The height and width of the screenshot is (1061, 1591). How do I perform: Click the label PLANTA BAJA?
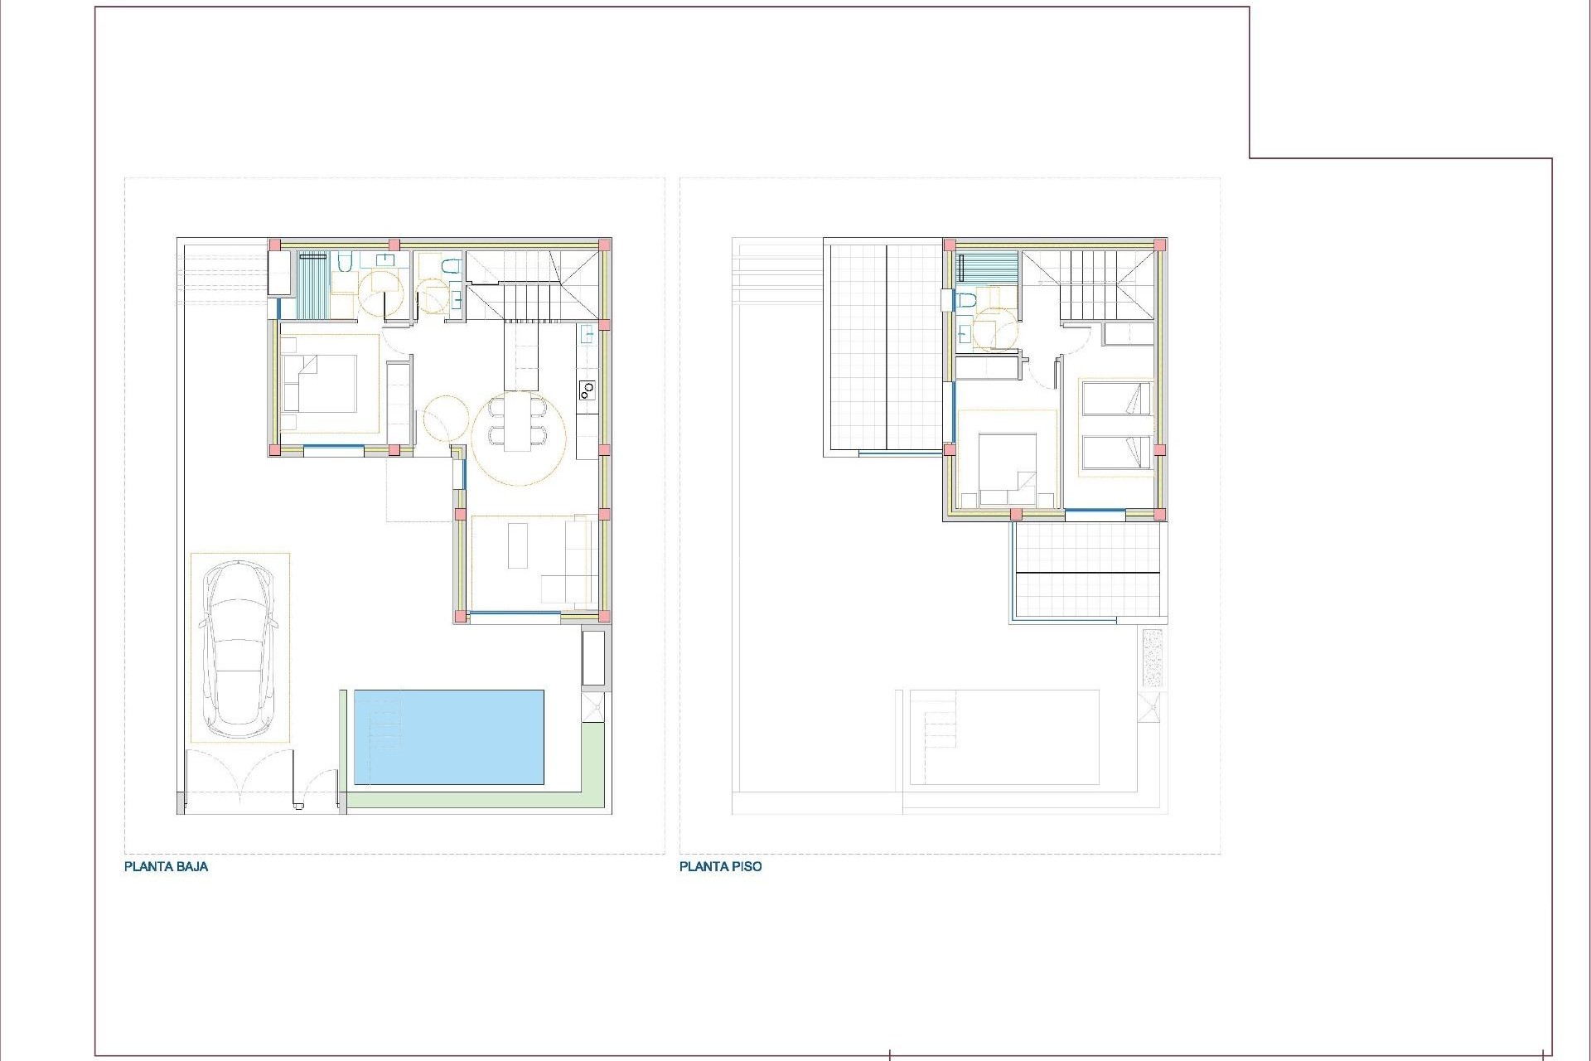click(x=166, y=867)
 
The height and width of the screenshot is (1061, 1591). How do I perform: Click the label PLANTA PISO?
click(x=720, y=867)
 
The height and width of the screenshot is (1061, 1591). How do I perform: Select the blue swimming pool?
click(x=448, y=737)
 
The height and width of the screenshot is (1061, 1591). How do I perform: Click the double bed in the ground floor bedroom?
click(x=319, y=383)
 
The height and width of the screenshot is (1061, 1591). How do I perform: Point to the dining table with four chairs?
click(x=519, y=422)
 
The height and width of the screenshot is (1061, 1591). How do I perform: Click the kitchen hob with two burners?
click(x=587, y=389)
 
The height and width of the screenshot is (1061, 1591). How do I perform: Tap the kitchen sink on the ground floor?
click(x=587, y=336)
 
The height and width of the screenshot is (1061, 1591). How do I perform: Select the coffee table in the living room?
click(x=518, y=545)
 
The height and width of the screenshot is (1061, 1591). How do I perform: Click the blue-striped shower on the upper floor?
click(x=987, y=268)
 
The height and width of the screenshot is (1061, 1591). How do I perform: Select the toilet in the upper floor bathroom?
click(x=964, y=301)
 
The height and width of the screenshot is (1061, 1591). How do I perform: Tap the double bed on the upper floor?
click(x=1007, y=469)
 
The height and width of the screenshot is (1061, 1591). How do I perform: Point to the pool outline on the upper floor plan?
click(x=1004, y=737)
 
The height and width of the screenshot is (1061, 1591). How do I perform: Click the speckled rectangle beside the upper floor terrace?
click(x=1152, y=657)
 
